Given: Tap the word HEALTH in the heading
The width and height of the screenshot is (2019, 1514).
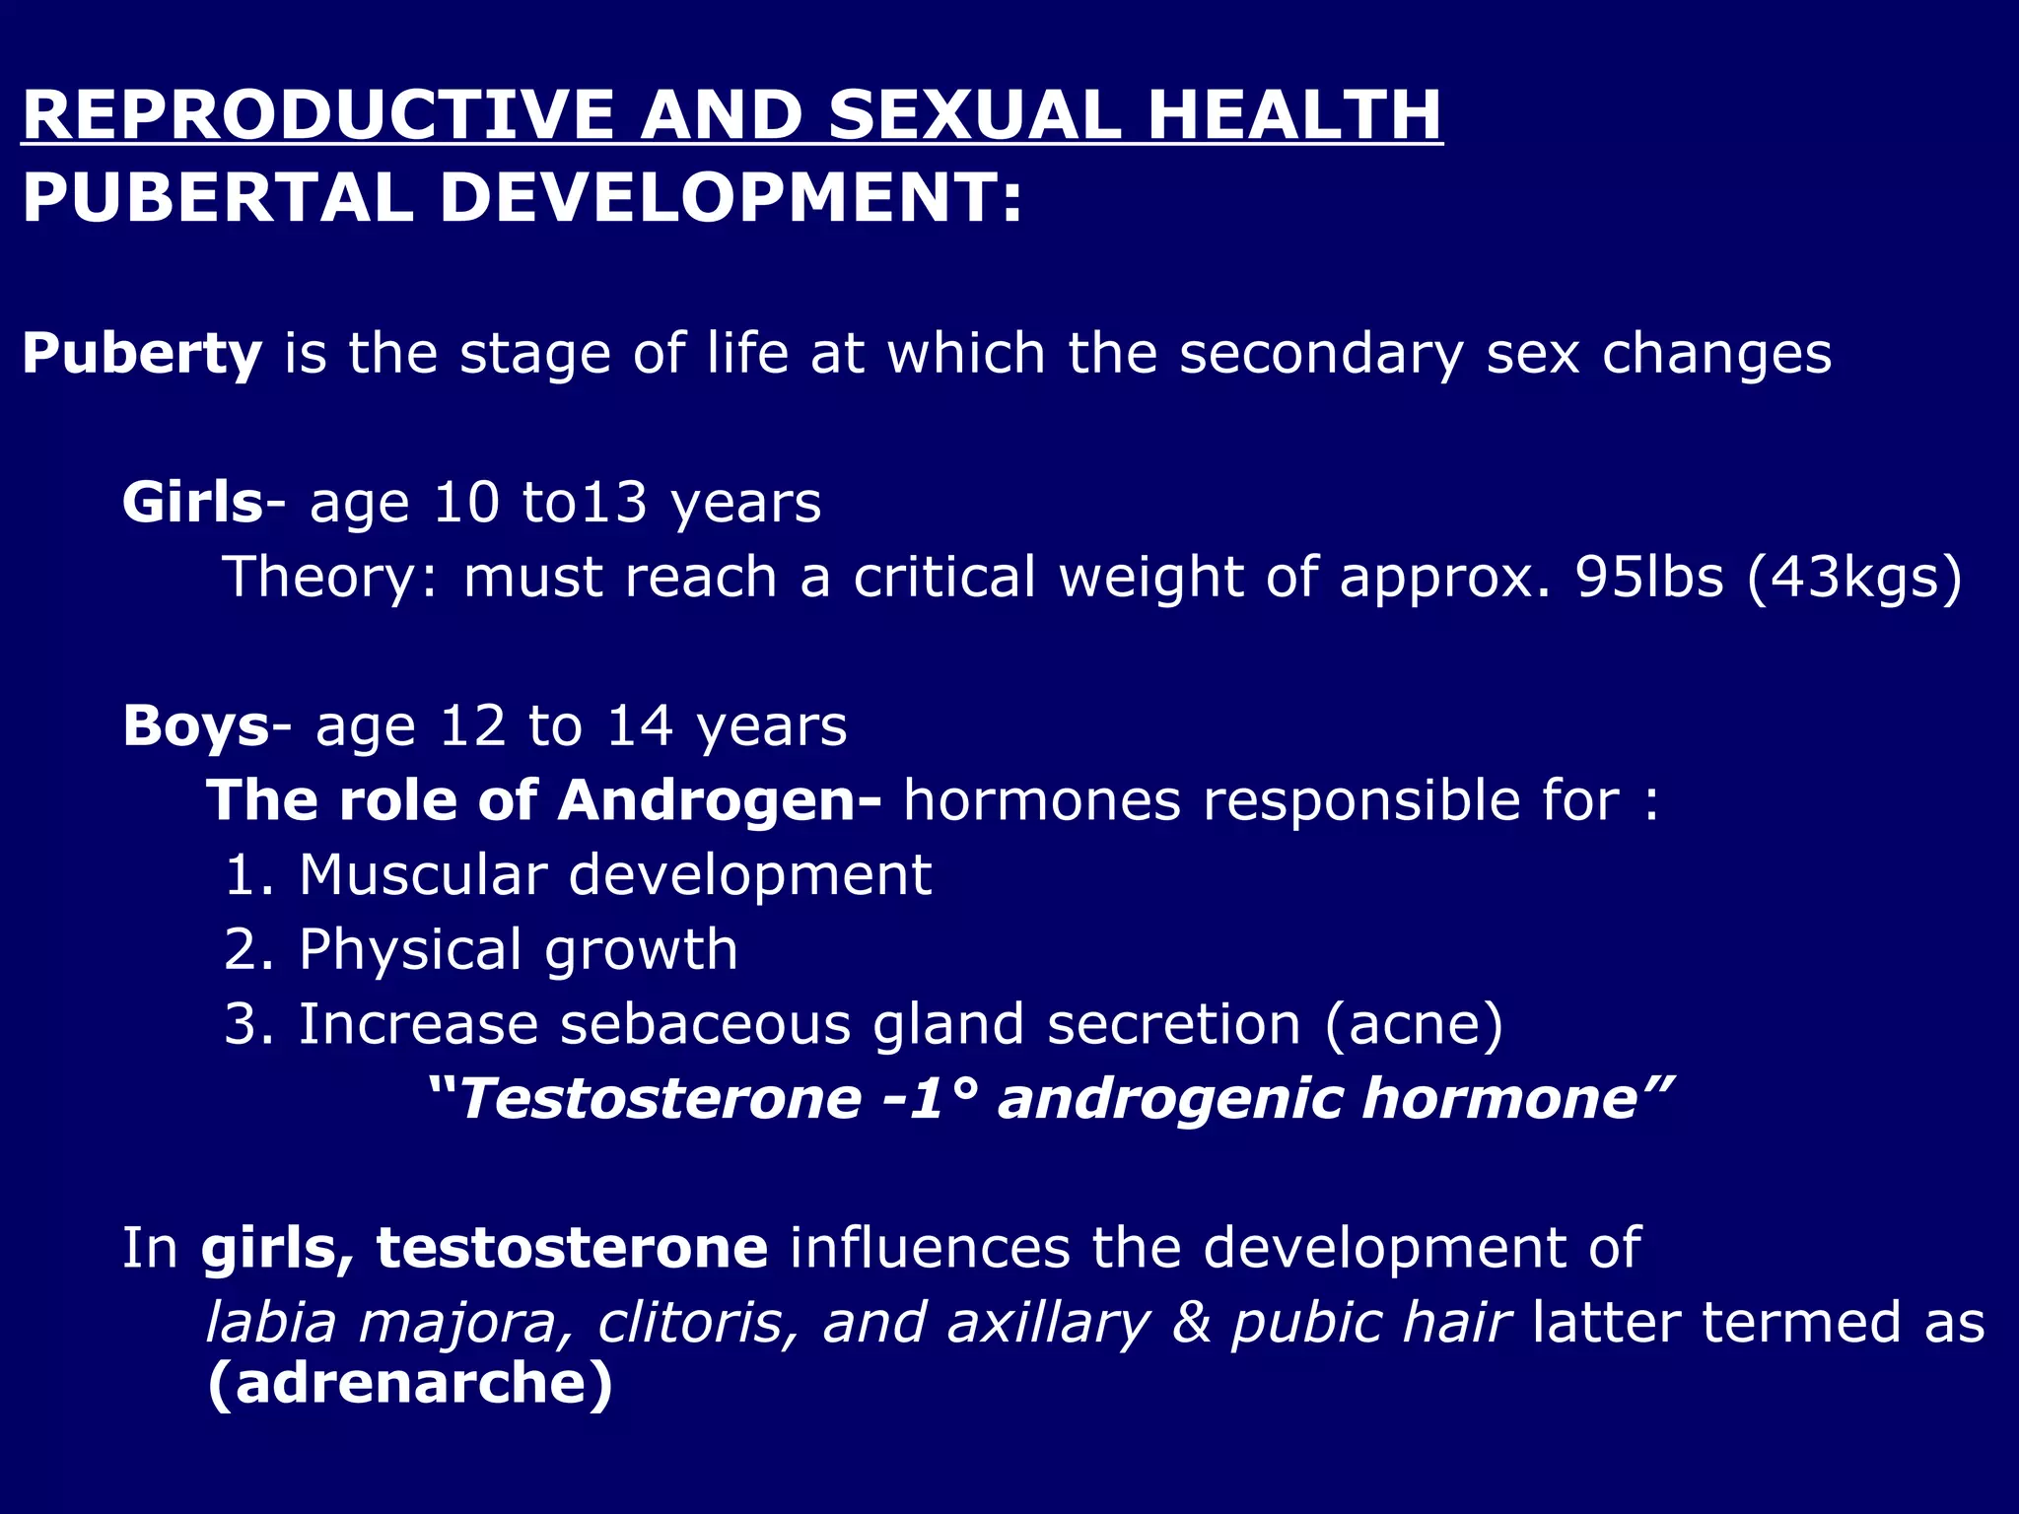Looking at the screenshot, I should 1294,115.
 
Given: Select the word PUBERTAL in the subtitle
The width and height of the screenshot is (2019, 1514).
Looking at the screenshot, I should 217,197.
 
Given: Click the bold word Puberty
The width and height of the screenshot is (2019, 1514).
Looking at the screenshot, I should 142,354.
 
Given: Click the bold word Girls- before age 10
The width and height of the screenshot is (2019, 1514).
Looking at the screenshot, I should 203,503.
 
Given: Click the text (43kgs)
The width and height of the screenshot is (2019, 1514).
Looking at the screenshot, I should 1853,579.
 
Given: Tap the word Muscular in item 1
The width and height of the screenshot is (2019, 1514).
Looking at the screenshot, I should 423,874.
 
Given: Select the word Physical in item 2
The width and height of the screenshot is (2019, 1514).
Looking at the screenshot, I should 410,949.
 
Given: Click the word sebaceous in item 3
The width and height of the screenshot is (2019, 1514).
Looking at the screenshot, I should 705,1024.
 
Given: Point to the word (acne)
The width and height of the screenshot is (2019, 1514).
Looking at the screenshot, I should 1413,1025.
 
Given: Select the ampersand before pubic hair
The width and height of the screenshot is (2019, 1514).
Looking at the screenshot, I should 1191,1323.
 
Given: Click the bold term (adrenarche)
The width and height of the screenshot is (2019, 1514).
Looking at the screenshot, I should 410,1384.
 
